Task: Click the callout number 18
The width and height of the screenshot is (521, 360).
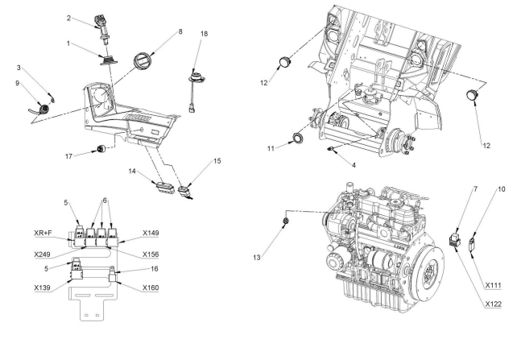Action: click(x=204, y=34)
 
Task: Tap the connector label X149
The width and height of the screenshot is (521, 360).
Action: click(x=151, y=233)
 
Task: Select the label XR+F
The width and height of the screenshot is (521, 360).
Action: click(x=43, y=233)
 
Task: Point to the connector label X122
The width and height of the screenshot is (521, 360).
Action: click(x=493, y=304)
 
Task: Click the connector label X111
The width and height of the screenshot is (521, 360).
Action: click(x=493, y=285)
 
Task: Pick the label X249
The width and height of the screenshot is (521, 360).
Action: click(x=42, y=254)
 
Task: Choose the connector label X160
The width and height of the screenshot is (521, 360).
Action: click(x=151, y=288)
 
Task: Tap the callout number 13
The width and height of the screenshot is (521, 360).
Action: click(x=257, y=258)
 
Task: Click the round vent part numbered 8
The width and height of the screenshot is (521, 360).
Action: click(x=143, y=61)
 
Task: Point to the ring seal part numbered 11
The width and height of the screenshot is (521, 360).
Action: click(x=297, y=138)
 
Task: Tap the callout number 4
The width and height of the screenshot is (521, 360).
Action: click(x=354, y=165)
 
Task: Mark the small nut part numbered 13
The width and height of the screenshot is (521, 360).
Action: click(x=285, y=221)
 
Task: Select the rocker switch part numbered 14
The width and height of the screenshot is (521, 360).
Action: click(x=165, y=188)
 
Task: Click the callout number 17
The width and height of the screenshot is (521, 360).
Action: click(x=68, y=156)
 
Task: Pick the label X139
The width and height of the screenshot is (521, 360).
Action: click(x=42, y=288)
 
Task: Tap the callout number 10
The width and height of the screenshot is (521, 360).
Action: click(x=501, y=189)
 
